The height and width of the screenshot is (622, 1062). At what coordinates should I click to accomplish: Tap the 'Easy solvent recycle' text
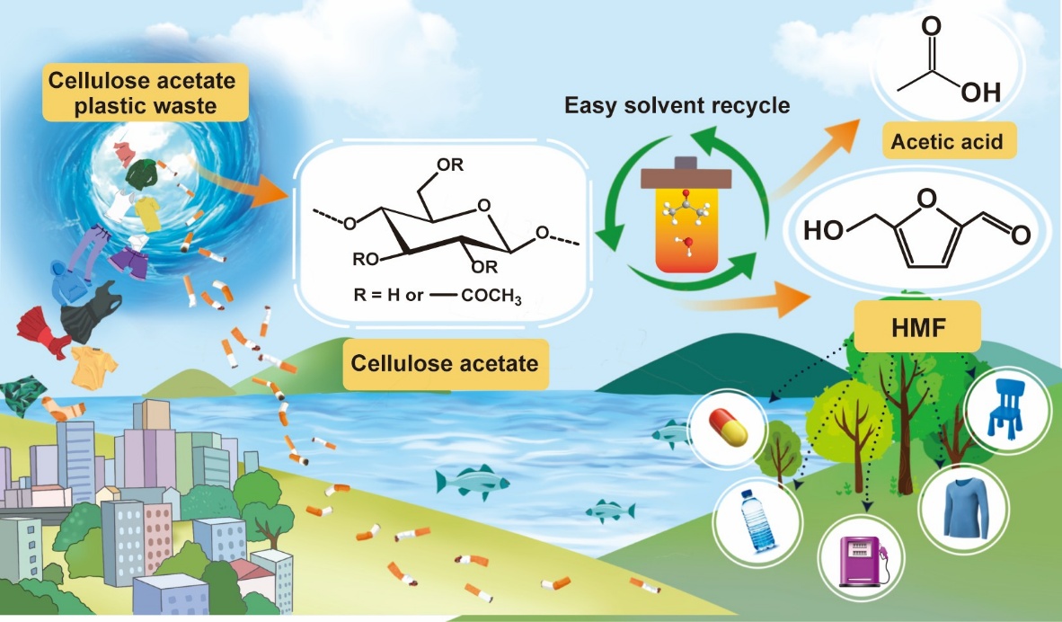(x=677, y=106)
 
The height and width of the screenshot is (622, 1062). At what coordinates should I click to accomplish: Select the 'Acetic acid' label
(x=946, y=140)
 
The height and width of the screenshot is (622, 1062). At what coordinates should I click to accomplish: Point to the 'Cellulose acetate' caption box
(x=445, y=364)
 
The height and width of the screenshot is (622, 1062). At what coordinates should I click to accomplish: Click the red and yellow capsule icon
(x=729, y=427)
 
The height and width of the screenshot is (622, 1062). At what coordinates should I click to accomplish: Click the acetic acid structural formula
(x=943, y=63)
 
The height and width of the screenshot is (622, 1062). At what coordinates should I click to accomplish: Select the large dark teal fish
(x=470, y=482)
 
